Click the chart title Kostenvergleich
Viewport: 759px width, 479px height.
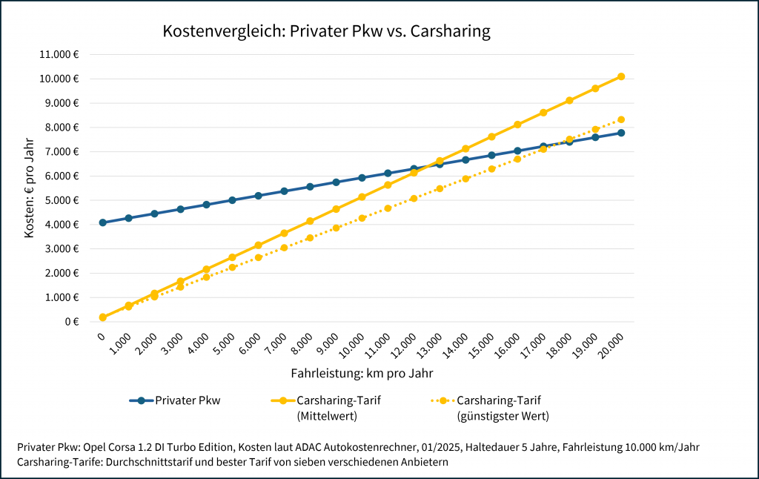(x=326, y=32)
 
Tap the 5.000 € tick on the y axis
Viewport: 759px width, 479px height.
(x=62, y=200)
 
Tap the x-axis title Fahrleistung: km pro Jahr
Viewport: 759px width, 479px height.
(x=362, y=373)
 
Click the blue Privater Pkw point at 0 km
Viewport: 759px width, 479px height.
(x=102, y=222)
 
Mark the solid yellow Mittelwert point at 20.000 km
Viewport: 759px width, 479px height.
(x=621, y=76)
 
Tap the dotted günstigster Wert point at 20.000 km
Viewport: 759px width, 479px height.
(x=621, y=119)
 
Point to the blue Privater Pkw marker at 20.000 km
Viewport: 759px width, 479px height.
(x=621, y=133)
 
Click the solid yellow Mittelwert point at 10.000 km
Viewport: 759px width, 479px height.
(x=362, y=197)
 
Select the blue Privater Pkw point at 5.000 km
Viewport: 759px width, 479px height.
(x=232, y=200)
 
